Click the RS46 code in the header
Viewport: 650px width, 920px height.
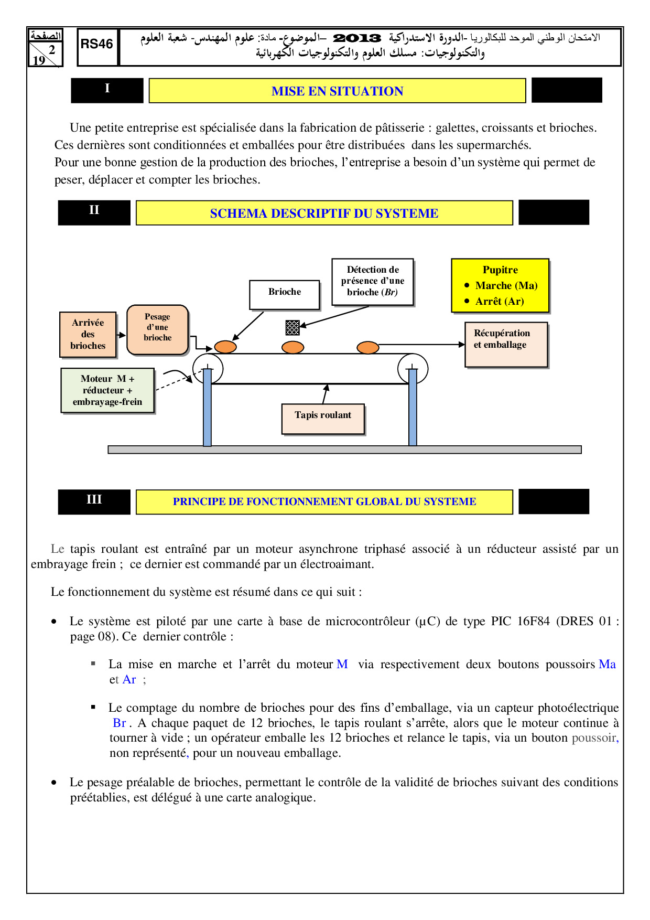(x=97, y=45)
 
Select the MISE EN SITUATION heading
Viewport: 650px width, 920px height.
(x=337, y=91)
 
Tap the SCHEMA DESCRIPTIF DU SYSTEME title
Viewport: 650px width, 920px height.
(x=324, y=213)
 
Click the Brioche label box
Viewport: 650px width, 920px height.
(x=285, y=294)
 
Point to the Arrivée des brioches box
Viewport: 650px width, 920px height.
(x=88, y=334)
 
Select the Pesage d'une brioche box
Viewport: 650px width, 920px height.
(x=157, y=329)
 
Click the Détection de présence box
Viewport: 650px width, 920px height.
(x=373, y=281)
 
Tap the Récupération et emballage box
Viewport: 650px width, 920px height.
(x=506, y=344)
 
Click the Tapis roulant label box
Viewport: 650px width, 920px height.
(x=323, y=418)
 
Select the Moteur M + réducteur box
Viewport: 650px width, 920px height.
(x=107, y=391)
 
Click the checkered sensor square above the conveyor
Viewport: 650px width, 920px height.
(x=292, y=328)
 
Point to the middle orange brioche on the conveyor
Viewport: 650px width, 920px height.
(x=292, y=347)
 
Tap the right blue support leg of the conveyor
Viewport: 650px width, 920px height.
(x=413, y=409)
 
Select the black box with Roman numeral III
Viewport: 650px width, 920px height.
(x=94, y=501)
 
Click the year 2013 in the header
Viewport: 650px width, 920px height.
(x=357, y=38)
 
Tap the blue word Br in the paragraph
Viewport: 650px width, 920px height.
(x=120, y=723)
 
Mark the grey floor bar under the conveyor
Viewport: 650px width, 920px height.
(x=344, y=450)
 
